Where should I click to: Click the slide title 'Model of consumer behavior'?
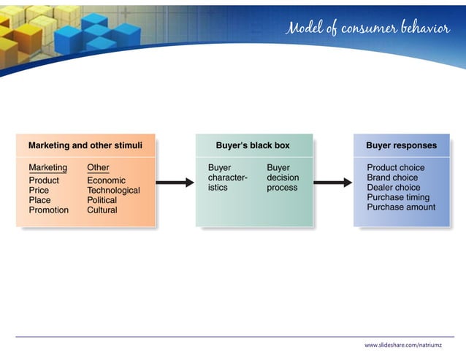(x=367, y=28)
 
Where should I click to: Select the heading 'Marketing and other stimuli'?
(x=85, y=145)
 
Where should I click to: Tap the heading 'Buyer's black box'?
(x=253, y=145)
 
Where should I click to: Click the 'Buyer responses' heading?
(x=401, y=145)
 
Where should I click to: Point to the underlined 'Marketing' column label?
(x=47, y=168)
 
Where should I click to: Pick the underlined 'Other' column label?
(x=98, y=168)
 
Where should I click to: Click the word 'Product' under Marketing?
(x=44, y=180)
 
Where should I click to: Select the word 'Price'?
(x=39, y=191)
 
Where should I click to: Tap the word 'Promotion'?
(x=48, y=210)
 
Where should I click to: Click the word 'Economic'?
(x=106, y=180)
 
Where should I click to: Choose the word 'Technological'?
(x=113, y=191)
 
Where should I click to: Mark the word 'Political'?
(x=102, y=200)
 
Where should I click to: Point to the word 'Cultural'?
(x=102, y=210)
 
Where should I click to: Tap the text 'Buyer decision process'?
(x=283, y=177)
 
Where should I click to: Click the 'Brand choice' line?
(x=392, y=177)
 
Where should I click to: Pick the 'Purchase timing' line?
(x=398, y=197)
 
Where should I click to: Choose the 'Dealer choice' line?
(x=393, y=188)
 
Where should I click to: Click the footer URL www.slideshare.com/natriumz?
(x=408, y=344)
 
